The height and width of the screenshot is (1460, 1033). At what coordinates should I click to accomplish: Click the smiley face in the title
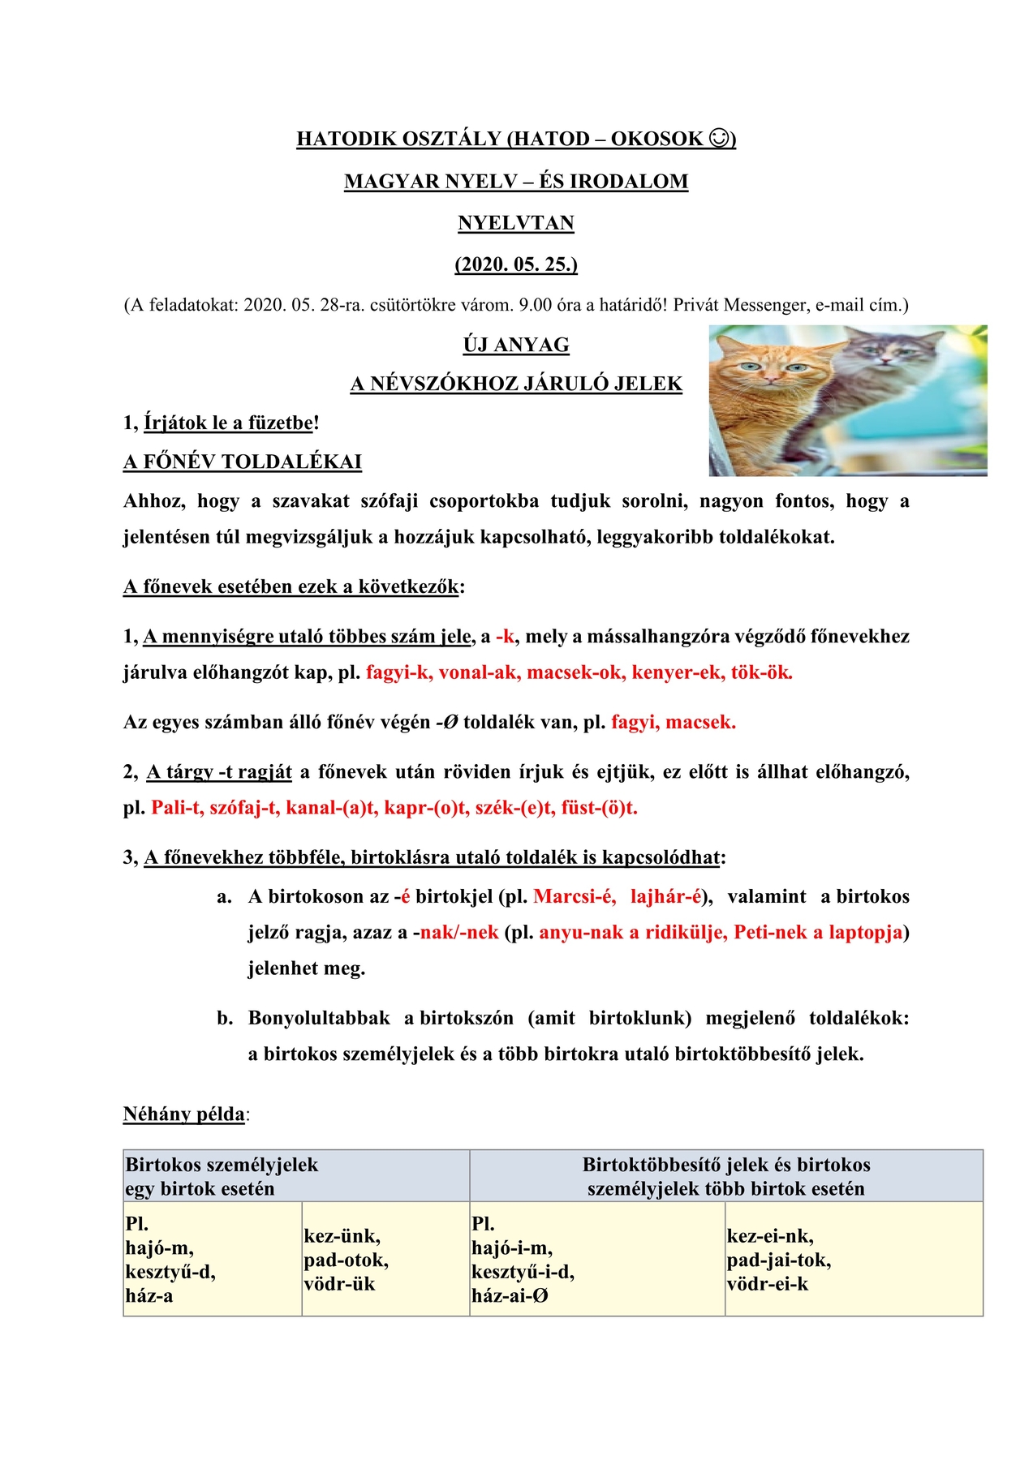click(x=719, y=139)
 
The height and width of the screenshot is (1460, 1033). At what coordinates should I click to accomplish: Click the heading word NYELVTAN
click(x=516, y=223)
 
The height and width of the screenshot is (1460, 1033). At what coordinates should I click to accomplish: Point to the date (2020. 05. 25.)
click(x=516, y=264)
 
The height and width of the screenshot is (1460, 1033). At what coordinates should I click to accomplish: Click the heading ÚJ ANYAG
click(x=516, y=345)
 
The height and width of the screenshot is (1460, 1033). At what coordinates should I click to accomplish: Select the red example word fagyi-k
click(x=399, y=672)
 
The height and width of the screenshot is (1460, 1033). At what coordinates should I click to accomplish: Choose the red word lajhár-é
click(x=665, y=897)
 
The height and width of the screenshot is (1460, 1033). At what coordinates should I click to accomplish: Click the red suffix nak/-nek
click(x=459, y=933)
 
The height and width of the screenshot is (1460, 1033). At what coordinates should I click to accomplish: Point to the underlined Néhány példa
click(x=184, y=1114)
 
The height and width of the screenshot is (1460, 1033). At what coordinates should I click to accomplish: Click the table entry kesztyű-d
click(x=170, y=1272)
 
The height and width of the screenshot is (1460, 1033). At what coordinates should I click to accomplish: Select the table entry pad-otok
click(x=346, y=1260)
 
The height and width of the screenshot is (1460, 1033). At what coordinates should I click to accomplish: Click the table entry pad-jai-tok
click(x=778, y=1260)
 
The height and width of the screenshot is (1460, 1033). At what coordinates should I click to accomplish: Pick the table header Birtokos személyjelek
click(x=222, y=1166)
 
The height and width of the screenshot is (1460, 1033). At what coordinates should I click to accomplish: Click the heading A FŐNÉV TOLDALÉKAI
click(x=243, y=462)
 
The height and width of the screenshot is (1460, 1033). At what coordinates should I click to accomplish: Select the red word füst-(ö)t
click(x=599, y=808)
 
